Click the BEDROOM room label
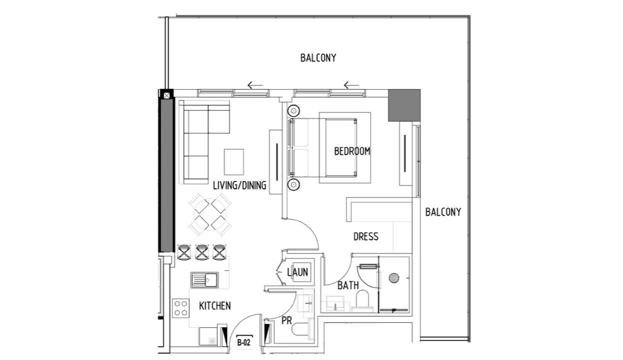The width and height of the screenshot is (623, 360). click(x=352, y=151)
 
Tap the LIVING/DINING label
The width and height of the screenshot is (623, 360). click(x=239, y=186)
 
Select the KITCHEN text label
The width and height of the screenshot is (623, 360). click(x=215, y=306)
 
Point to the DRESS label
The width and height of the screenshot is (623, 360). click(x=366, y=236)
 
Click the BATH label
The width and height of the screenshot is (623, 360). click(x=348, y=285)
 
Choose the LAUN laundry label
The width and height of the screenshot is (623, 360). click(x=298, y=272)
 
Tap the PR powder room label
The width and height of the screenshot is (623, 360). click(x=287, y=321)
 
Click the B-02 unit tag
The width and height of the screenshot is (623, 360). click(x=244, y=342)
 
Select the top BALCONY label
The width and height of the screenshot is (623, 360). click(x=318, y=58)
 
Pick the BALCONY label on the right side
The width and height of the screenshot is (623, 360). click(x=443, y=212)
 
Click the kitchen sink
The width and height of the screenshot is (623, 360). click(x=204, y=280)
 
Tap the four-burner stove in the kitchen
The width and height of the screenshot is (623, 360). click(x=181, y=308)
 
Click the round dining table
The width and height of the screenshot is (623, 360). click(x=210, y=215)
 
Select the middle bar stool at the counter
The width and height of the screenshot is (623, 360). click(x=202, y=253)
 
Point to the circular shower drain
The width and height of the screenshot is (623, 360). click(x=394, y=278)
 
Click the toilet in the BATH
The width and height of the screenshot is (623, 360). click(x=362, y=299)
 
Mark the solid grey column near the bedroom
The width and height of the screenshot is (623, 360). click(x=404, y=105)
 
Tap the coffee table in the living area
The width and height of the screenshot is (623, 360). click(x=234, y=162)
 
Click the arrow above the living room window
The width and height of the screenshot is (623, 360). click(x=255, y=85)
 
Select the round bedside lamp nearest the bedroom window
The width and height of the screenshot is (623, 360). click(x=294, y=110)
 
